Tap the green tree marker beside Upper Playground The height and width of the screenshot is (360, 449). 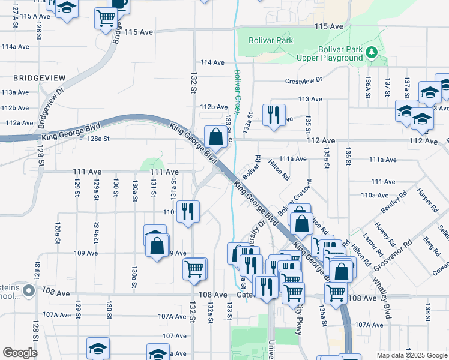tap(372, 53)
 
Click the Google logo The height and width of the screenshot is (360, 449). tap(20, 352)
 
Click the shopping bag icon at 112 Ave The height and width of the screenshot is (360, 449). tap(215, 137)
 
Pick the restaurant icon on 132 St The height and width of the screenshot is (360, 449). tap(188, 211)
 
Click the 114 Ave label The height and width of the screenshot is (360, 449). tap(212, 62)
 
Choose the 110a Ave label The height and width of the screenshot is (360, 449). tap(375, 195)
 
